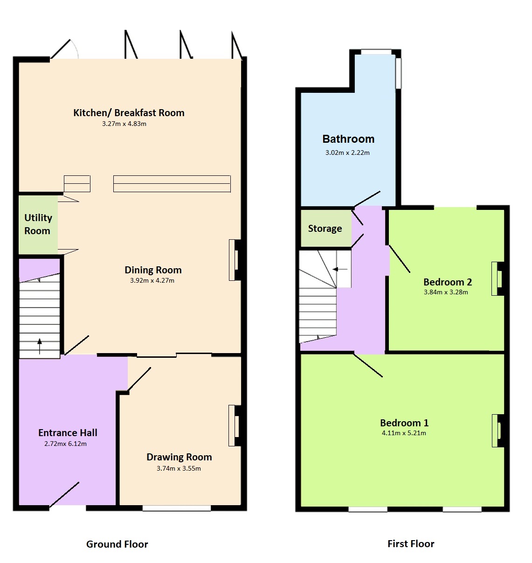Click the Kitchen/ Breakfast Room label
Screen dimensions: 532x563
[129, 113]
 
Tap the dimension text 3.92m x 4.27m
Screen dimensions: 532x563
[152, 280]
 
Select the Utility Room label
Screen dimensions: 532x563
[38, 224]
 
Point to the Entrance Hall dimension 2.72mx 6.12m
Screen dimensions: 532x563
[65, 444]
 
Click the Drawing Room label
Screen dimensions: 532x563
[179, 457]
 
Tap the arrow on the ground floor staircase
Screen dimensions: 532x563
[40, 346]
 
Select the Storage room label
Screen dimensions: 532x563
[325, 229]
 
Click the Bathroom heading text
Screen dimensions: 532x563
[348, 139]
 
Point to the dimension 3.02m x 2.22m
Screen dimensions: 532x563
[347, 153]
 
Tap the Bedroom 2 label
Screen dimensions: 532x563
[448, 282]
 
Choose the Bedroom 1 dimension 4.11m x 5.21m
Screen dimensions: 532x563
[404, 433]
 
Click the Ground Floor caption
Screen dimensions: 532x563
[117, 544]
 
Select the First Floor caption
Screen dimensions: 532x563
[411, 544]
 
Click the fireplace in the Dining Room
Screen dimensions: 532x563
[235, 260]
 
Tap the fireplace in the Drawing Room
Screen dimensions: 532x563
[235, 425]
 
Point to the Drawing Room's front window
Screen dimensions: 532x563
[177, 508]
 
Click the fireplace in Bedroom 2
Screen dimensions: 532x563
[497, 278]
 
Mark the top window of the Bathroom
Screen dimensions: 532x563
[376, 52]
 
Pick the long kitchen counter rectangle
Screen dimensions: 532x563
[172, 184]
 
